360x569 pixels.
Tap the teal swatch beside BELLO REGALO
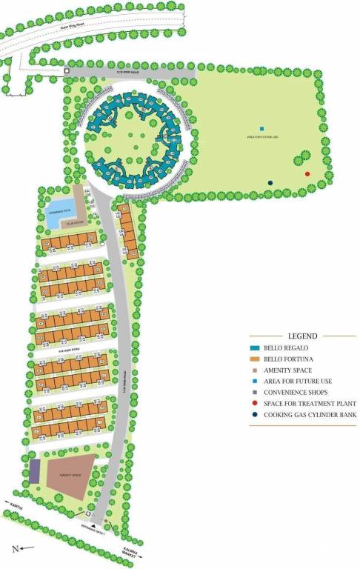pyautogui.click(x=253, y=347)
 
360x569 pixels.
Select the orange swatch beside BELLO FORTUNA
pyautogui.click(x=253, y=358)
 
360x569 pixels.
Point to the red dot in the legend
pyautogui.click(x=253, y=404)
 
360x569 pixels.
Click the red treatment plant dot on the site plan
pyautogui.click(x=307, y=174)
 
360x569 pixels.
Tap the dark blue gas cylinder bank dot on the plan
pyautogui.click(x=270, y=182)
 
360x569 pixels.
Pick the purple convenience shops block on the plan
pyautogui.click(x=35, y=470)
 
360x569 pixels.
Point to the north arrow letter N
pyautogui.click(x=14, y=549)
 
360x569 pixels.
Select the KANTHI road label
pyautogui.click(x=18, y=510)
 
